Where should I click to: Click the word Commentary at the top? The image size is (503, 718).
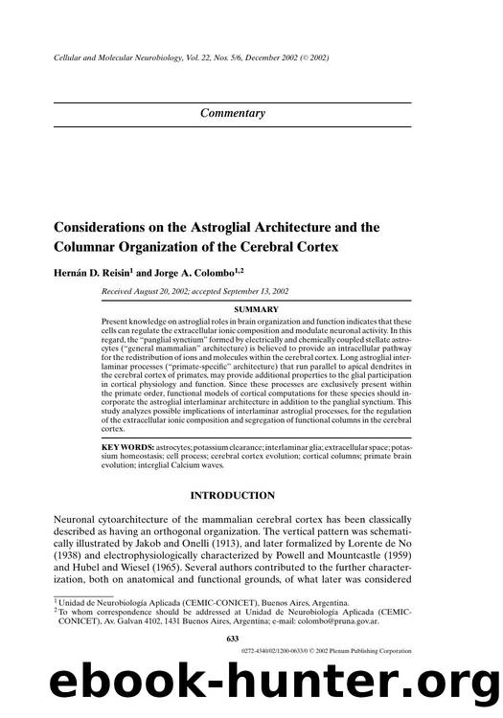click(x=233, y=113)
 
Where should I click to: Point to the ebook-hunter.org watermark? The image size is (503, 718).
click(x=251, y=687)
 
